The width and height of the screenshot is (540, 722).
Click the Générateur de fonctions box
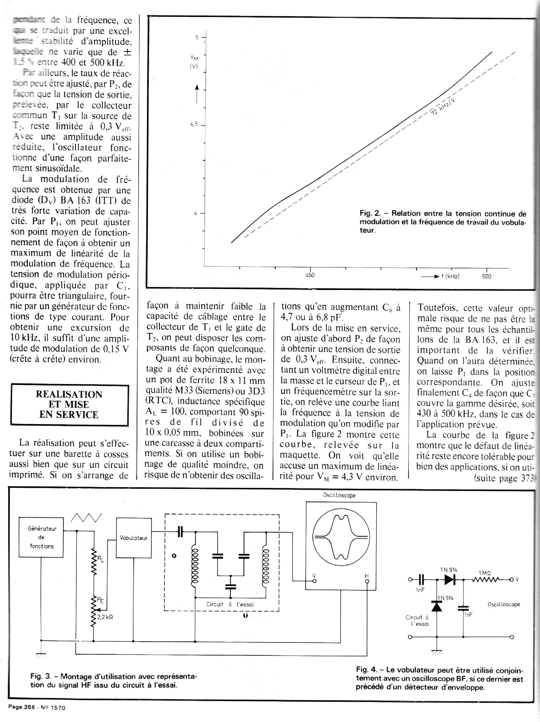coord(41,537)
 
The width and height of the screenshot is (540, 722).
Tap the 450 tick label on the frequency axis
coord(310,275)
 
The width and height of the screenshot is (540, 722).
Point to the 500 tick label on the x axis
coord(486,276)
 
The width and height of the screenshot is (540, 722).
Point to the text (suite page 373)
coord(504,478)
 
